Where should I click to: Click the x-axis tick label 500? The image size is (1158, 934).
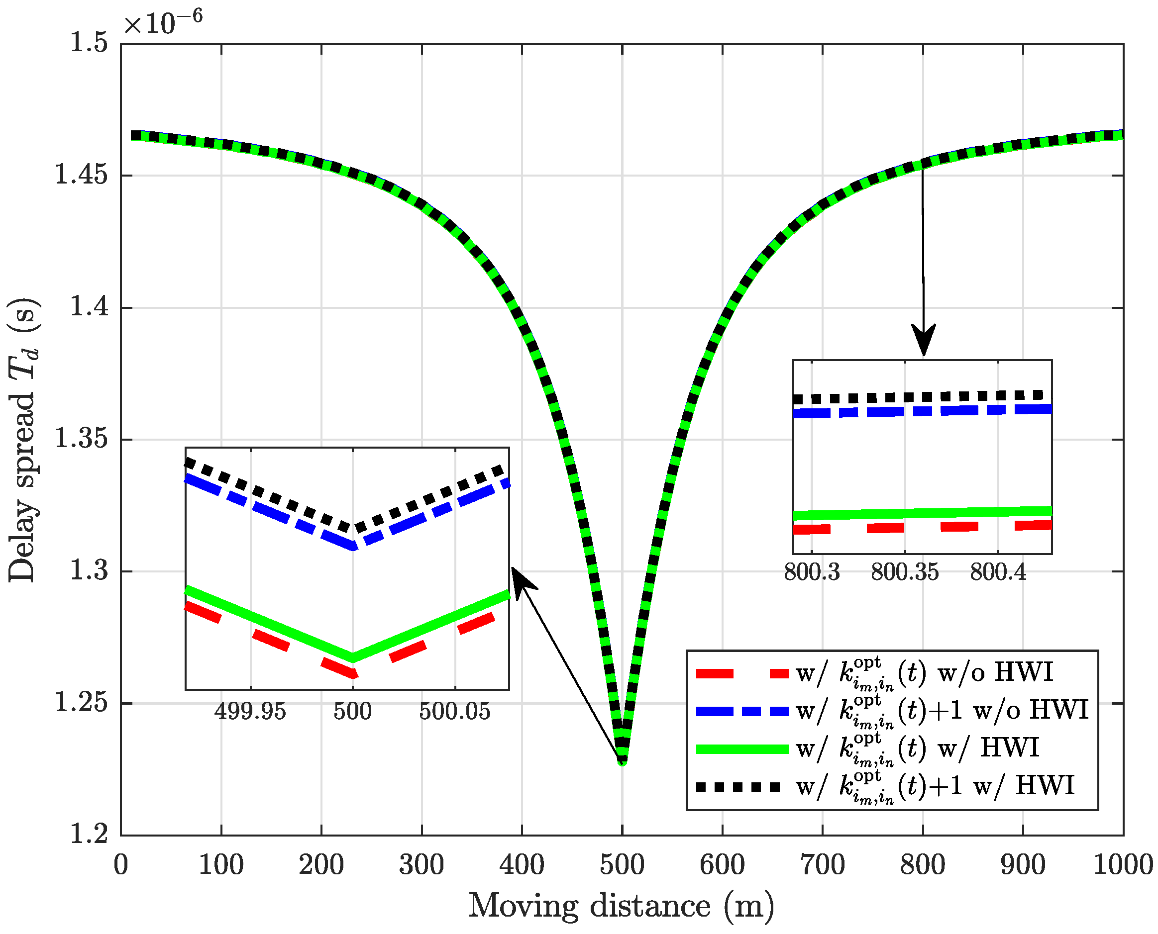[x=622, y=866]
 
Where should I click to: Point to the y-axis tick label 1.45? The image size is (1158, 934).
[x=81, y=176]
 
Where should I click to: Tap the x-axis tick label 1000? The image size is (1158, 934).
[x=1123, y=866]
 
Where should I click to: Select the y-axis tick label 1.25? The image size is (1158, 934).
[x=81, y=703]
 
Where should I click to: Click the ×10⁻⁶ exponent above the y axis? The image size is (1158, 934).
[x=163, y=22]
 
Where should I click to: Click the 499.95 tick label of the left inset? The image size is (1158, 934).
[x=250, y=712]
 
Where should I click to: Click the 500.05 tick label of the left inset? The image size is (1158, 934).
[x=455, y=712]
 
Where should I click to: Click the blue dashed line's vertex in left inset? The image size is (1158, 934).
[x=353, y=546]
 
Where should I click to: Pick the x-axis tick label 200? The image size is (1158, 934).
[x=321, y=866]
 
